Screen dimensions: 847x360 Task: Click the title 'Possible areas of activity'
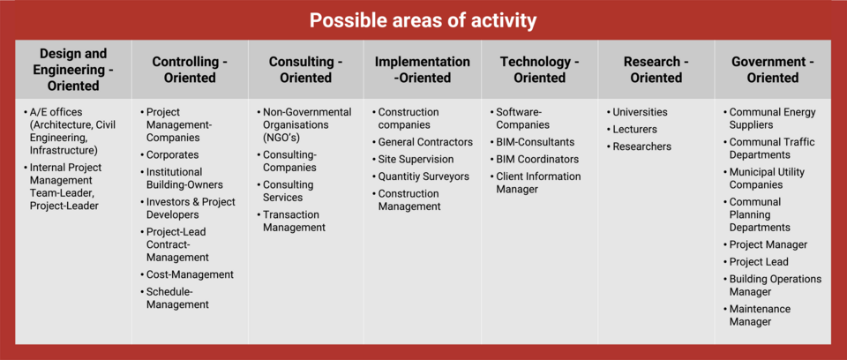423,20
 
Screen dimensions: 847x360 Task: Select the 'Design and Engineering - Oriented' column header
73,70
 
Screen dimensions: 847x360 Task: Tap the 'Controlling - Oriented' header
190,70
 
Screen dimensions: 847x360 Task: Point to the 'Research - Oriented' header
656,70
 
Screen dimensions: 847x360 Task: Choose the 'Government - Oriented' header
773,70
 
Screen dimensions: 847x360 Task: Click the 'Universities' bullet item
640,112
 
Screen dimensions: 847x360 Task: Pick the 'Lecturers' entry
634,130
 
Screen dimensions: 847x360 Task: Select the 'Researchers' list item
641,146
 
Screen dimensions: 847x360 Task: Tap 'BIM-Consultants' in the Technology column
536,142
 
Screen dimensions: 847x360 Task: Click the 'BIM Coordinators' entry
537,160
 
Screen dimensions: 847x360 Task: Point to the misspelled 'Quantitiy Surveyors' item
423,176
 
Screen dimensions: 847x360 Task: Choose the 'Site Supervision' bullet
416,160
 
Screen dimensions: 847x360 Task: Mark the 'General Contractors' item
425,142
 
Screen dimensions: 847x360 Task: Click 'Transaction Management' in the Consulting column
295,221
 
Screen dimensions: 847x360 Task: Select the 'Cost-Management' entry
191,274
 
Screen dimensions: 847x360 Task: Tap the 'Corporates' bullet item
172,155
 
